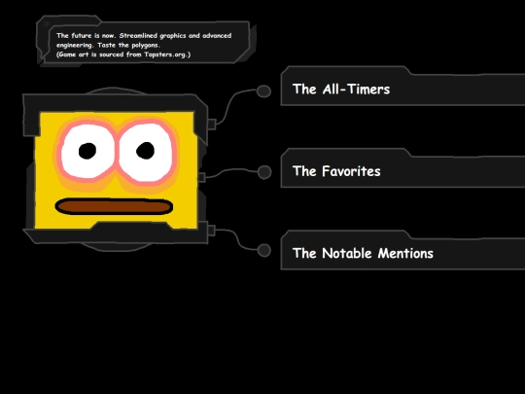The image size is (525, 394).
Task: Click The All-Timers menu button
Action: click(402, 87)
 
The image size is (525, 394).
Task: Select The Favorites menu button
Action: click(402, 168)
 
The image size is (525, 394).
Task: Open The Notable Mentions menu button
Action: click(402, 250)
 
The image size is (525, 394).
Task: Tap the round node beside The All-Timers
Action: click(263, 91)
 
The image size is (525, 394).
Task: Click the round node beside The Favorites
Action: click(264, 172)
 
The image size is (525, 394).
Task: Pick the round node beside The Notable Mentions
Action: click(264, 251)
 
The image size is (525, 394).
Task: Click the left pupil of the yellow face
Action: click(87, 151)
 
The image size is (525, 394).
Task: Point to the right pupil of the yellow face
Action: click(145, 151)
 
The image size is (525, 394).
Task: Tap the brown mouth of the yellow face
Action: click(114, 206)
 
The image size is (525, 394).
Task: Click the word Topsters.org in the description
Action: click(167, 54)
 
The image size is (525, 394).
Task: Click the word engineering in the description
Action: click(74, 45)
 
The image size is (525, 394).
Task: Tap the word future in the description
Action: click(82, 36)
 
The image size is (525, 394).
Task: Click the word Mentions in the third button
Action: click(405, 253)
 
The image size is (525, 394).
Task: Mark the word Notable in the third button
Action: click(347, 253)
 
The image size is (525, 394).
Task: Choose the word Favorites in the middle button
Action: click(351, 171)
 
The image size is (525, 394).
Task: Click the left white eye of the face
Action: click(88, 151)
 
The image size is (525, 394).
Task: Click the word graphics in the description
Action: click(172, 36)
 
